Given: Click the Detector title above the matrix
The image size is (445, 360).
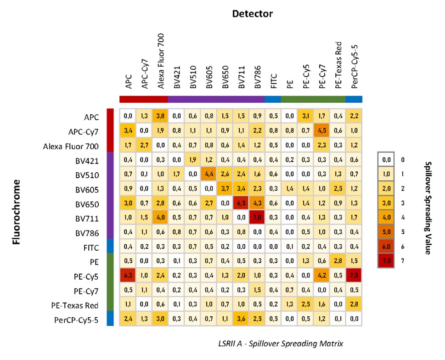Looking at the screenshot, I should [x=253, y=14].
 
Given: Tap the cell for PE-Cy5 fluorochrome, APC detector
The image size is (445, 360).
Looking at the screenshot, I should [x=128, y=276].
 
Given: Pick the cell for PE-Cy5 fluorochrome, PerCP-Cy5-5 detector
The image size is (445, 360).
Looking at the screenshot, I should [x=353, y=276].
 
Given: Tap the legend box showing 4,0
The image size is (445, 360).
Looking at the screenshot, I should [x=386, y=218].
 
